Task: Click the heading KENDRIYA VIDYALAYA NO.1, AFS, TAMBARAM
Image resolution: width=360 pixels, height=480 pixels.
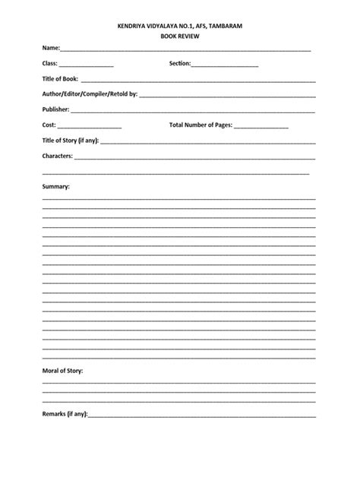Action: tap(179, 26)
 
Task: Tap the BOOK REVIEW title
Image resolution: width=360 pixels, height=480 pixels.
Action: tap(179, 36)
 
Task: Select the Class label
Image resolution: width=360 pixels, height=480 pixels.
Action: tap(49, 64)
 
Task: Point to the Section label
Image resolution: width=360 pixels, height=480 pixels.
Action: tap(179, 64)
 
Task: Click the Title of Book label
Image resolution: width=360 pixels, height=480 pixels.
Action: tap(60, 79)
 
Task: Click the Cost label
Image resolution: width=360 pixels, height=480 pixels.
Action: tap(49, 125)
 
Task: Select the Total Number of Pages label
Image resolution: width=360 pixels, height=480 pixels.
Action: tap(201, 125)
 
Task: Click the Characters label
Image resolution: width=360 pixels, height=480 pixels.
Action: tap(57, 156)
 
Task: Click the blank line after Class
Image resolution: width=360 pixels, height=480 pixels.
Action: tap(86, 66)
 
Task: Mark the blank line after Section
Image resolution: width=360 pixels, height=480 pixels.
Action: tap(225, 66)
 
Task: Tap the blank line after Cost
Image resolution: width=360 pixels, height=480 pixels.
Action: tap(89, 128)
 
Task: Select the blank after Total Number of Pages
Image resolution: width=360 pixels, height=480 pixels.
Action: tap(261, 128)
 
